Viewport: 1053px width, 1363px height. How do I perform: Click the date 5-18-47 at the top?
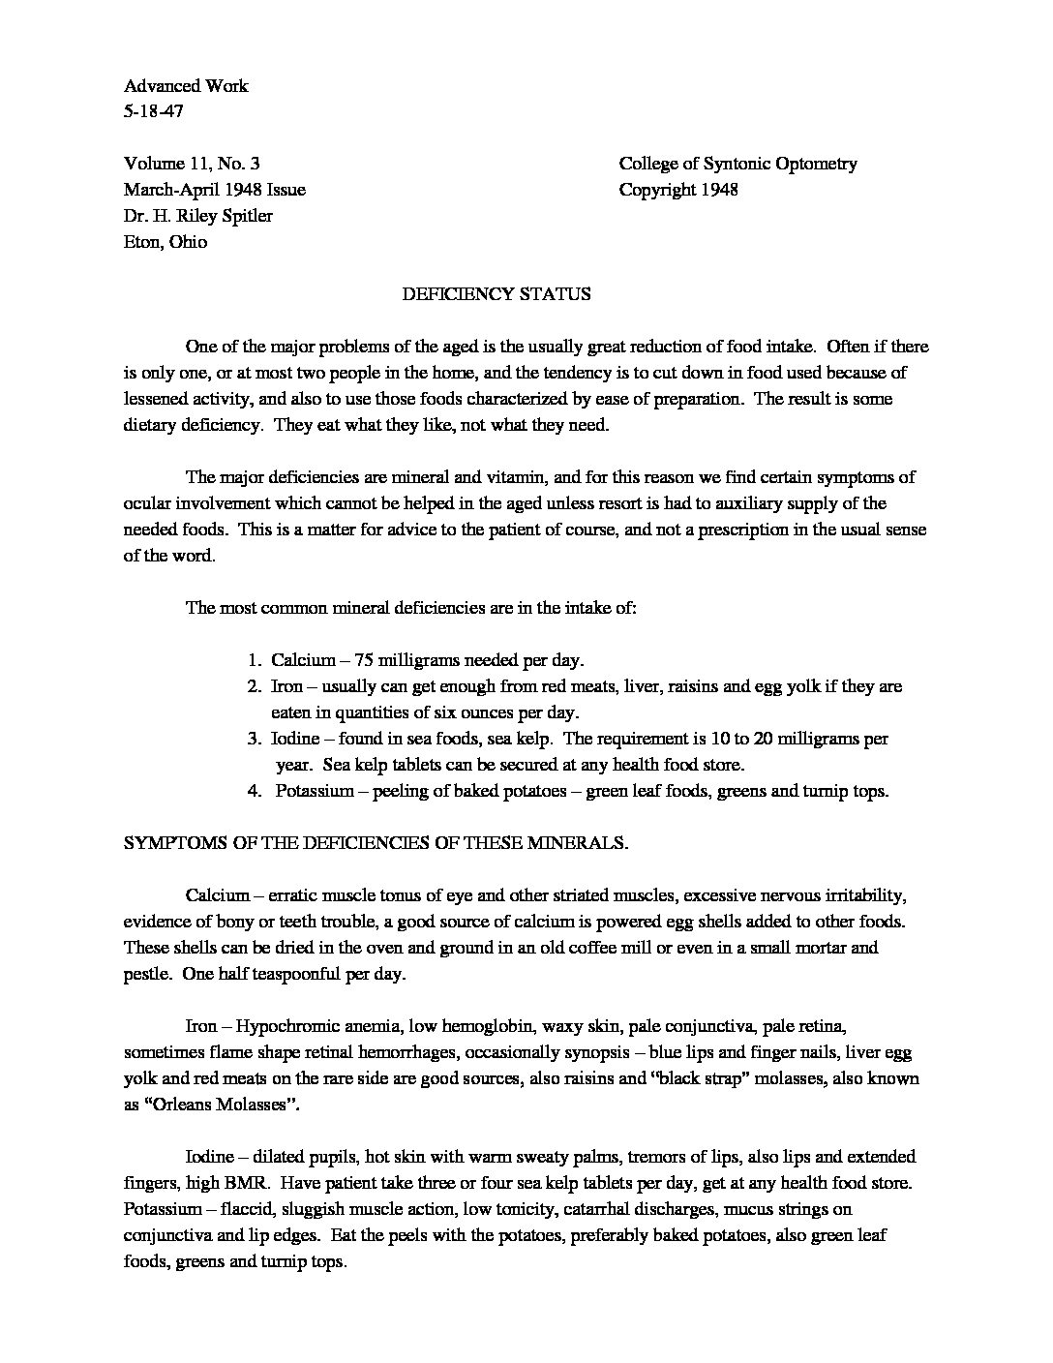153,111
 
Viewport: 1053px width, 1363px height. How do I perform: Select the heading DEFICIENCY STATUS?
496,294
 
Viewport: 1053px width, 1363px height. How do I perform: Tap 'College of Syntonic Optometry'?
737,164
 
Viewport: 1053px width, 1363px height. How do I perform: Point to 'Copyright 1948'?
678,190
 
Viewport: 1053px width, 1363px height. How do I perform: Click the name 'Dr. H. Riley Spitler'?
198,216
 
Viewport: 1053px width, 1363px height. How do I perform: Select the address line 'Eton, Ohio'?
165,242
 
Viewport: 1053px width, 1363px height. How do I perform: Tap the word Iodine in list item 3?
295,740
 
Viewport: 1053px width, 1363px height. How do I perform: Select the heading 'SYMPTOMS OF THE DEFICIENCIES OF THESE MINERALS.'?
376,843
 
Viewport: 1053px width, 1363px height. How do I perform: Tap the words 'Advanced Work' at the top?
186,85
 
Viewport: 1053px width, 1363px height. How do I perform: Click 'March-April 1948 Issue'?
215,190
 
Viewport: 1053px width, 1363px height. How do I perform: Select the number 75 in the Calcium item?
364,661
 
